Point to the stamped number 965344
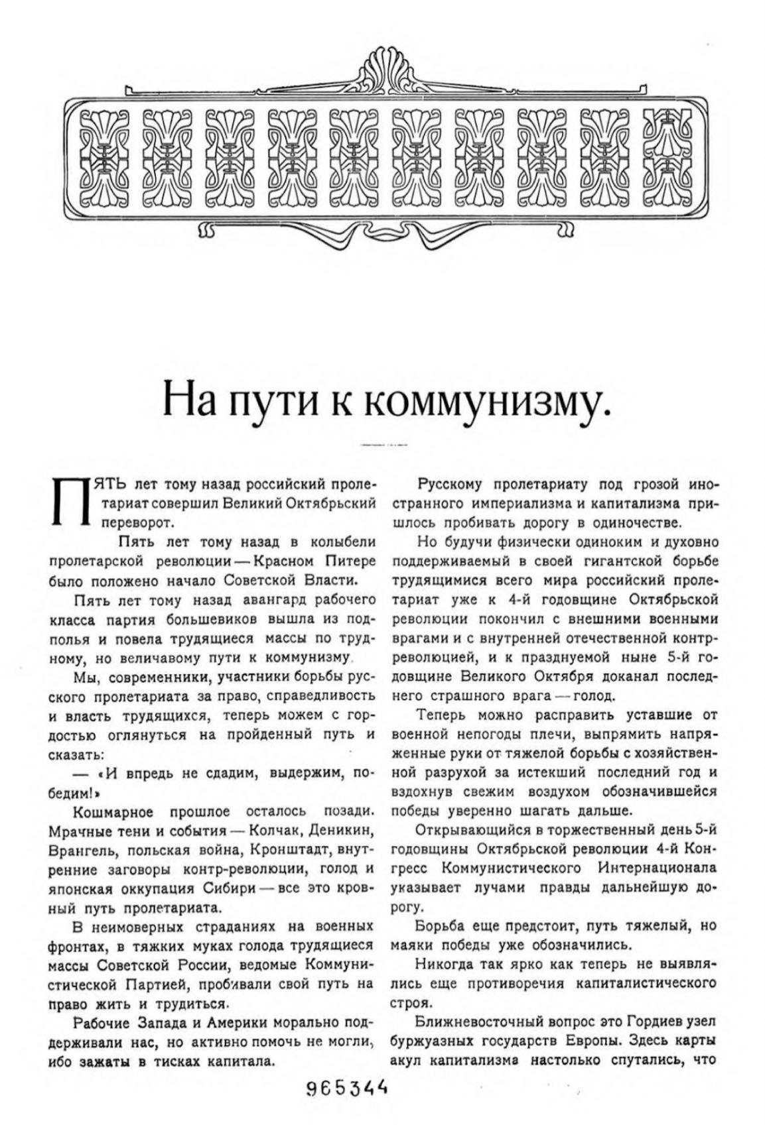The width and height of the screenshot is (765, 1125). [346, 1088]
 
